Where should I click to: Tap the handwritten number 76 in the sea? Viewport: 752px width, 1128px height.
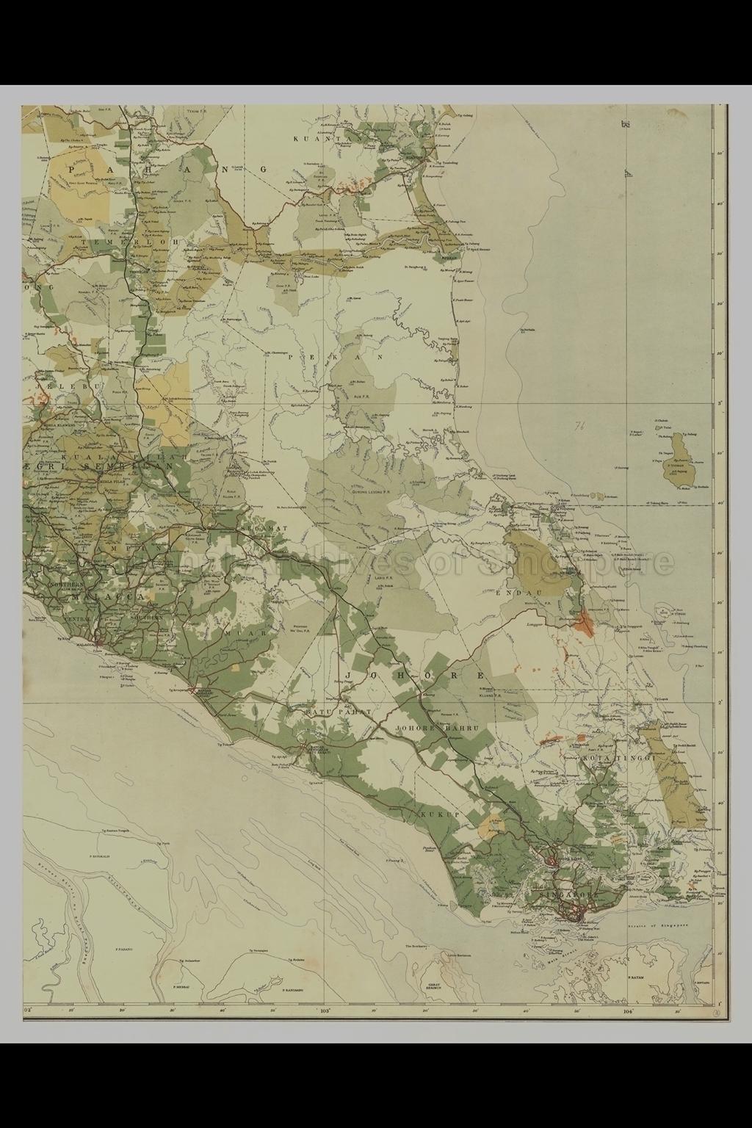tap(580, 424)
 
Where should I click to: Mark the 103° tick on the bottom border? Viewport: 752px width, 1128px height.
tap(325, 1010)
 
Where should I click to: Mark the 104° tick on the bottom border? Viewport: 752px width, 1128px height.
tap(627, 1010)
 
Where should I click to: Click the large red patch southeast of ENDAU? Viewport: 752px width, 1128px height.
tap(585, 623)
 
